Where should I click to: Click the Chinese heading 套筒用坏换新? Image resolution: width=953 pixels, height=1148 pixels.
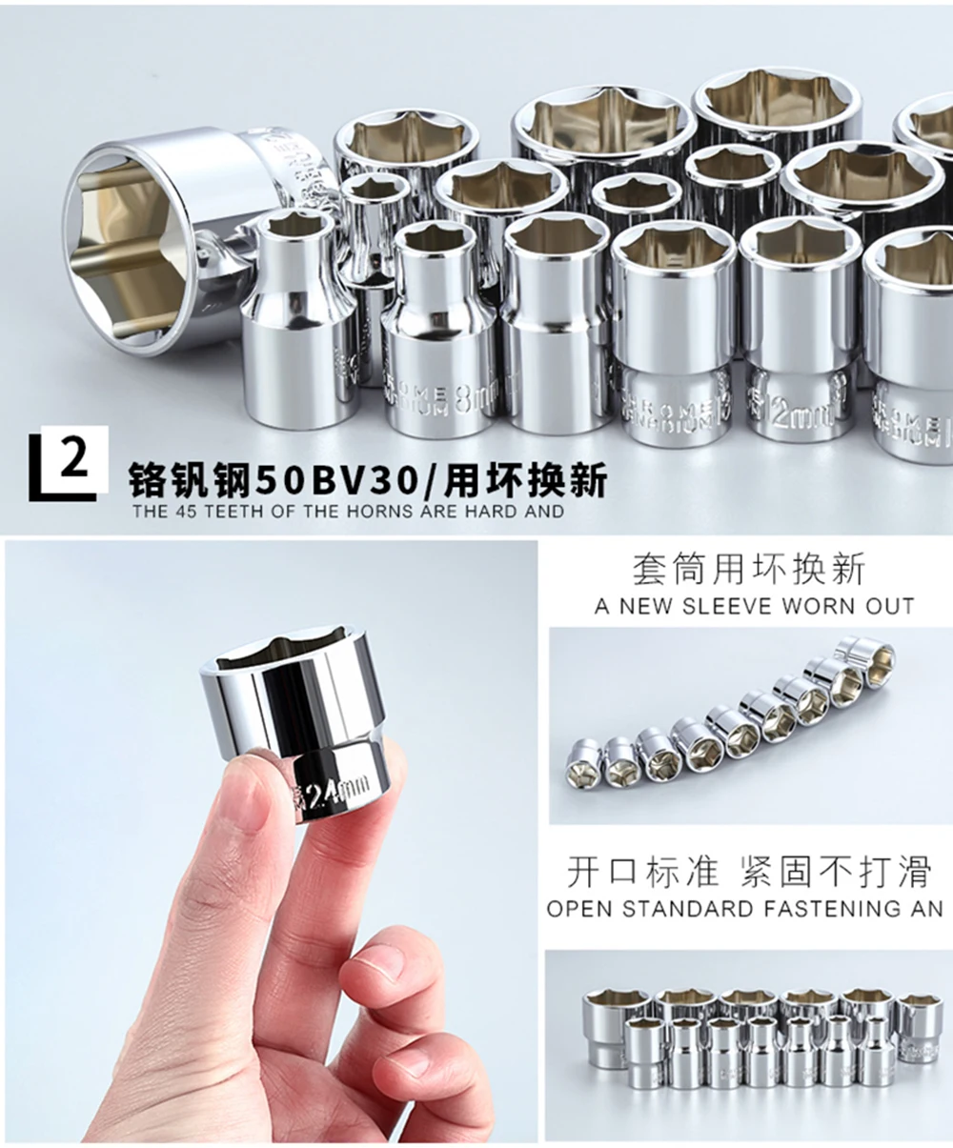click(749, 570)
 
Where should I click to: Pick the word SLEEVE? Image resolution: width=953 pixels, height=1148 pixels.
click(728, 606)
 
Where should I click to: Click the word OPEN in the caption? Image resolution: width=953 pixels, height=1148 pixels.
click(580, 908)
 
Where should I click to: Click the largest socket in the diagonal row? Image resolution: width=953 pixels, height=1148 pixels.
click(865, 660)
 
